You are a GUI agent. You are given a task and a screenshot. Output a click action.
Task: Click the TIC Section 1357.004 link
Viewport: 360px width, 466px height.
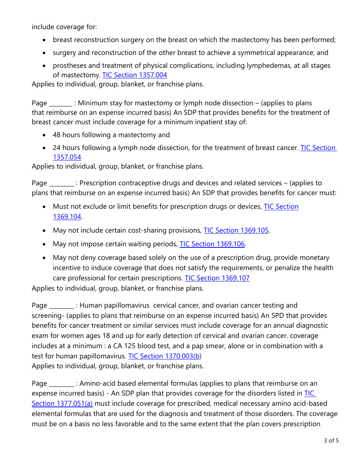[x=135, y=75]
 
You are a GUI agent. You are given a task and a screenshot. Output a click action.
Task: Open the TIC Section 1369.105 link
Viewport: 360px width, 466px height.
[x=236, y=230]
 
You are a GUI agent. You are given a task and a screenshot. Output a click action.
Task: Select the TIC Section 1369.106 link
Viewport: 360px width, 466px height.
[x=212, y=244]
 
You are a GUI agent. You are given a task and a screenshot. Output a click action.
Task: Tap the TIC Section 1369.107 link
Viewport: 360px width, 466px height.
[x=217, y=278]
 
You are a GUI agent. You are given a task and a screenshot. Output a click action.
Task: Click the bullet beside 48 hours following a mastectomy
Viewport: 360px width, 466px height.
[x=45, y=135]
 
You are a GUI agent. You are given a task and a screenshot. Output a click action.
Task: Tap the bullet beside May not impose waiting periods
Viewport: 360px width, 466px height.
[x=45, y=244]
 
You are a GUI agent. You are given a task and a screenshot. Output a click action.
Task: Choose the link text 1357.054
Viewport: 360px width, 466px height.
[x=67, y=157]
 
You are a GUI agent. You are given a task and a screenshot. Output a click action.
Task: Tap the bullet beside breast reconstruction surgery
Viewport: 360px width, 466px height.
[x=45, y=40]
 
